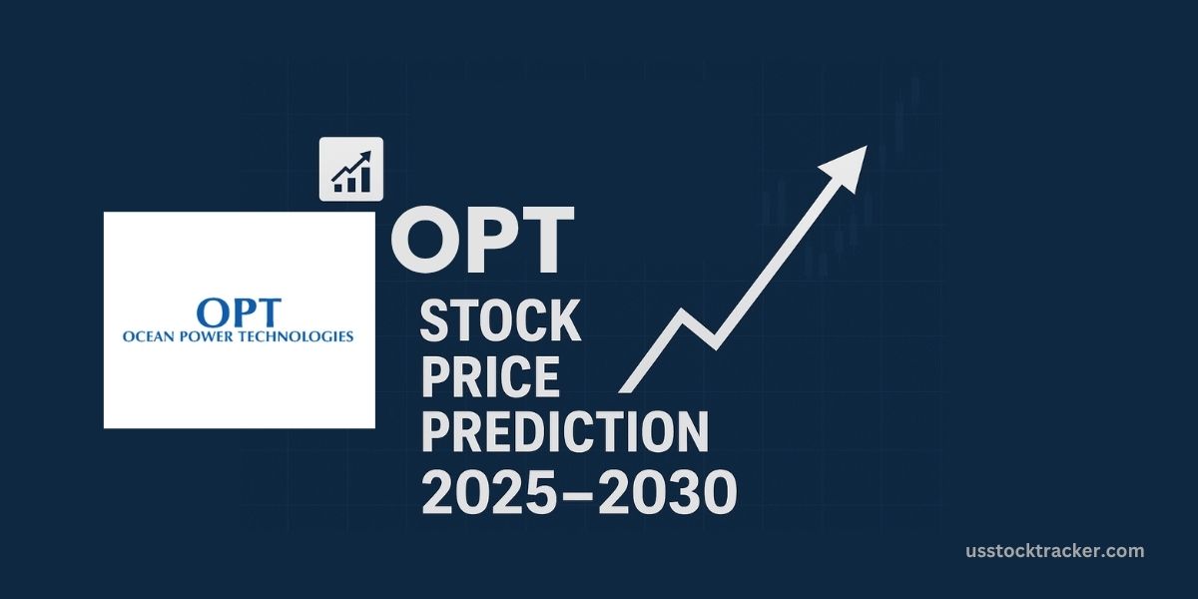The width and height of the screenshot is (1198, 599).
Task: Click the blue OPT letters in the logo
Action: pos(239,311)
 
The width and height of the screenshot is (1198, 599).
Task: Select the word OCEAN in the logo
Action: pos(149,336)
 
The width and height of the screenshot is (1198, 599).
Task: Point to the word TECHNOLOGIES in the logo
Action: pos(299,336)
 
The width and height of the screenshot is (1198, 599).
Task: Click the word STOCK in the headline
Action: pos(500,321)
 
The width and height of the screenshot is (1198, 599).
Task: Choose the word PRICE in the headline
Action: pos(490,376)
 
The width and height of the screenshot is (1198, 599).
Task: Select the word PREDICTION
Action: pos(564,432)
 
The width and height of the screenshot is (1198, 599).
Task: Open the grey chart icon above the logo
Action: pos(351,169)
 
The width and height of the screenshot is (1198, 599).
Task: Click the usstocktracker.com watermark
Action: pos(1055,551)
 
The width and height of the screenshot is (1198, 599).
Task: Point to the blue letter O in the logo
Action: pos(213,311)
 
